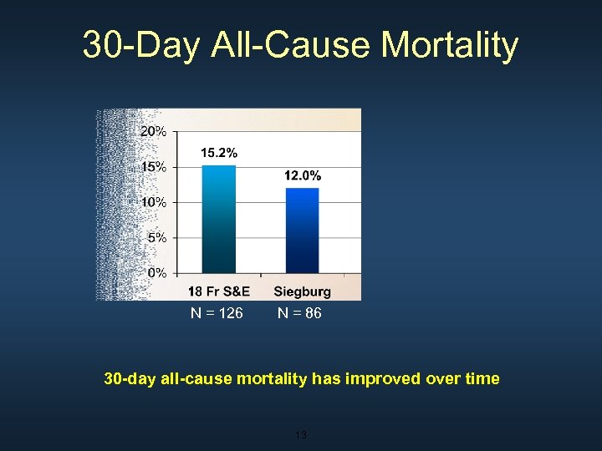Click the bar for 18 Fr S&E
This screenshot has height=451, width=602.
click(x=219, y=219)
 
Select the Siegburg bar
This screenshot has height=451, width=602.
click(x=302, y=230)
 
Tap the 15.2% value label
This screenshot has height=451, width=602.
click(x=219, y=153)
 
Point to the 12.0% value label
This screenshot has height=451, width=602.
click(x=302, y=175)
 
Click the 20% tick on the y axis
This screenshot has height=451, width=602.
click(x=153, y=131)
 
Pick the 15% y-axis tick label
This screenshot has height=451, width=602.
click(x=153, y=166)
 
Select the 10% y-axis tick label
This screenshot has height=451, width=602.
click(x=153, y=202)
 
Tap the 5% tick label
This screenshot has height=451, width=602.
click(x=156, y=237)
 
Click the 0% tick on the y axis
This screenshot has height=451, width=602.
click(x=156, y=272)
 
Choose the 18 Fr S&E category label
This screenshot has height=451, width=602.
click(x=219, y=291)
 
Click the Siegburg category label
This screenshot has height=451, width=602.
click(x=302, y=291)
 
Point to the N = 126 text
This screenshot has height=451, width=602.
click(x=217, y=313)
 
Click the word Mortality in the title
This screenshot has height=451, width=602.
click(x=450, y=45)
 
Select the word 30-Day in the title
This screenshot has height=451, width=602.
click(x=140, y=45)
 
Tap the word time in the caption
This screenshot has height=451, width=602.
click(x=482, y=378)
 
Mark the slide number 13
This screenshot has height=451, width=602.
click(x=301, y=434)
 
